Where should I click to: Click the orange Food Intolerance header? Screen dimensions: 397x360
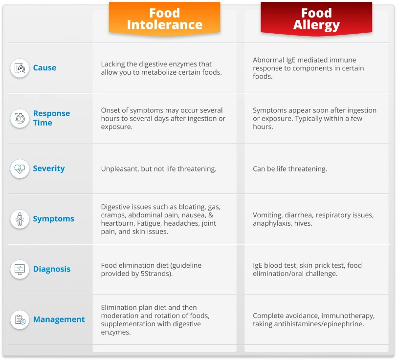[x=165, y=19]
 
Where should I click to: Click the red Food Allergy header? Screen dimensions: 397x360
[x=316, y=19]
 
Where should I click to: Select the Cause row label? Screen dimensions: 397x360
[x=44, y=68]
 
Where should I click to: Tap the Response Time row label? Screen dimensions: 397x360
[x=51, y=118]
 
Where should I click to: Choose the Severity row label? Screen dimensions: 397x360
[x=49, y=169]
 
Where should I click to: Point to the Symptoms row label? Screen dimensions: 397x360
[x=53, y=219]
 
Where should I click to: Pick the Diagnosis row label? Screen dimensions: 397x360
[x=52, y=269]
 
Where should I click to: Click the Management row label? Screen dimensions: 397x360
[x=59, y=319]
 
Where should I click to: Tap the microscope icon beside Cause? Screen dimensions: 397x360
[x=20, y=68]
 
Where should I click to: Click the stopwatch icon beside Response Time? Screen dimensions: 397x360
[x=20, y=118]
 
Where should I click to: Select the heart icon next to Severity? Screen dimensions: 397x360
[x=20, y=169]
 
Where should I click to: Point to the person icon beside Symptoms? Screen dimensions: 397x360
[x=20, y=219]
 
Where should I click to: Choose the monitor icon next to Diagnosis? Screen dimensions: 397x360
[x=20, y=269]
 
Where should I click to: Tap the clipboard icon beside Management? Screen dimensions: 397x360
[x=20, y=319]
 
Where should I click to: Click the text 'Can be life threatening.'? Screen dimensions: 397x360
[x=290, y=169]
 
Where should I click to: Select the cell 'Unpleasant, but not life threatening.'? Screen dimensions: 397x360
[x=159, y=169]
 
